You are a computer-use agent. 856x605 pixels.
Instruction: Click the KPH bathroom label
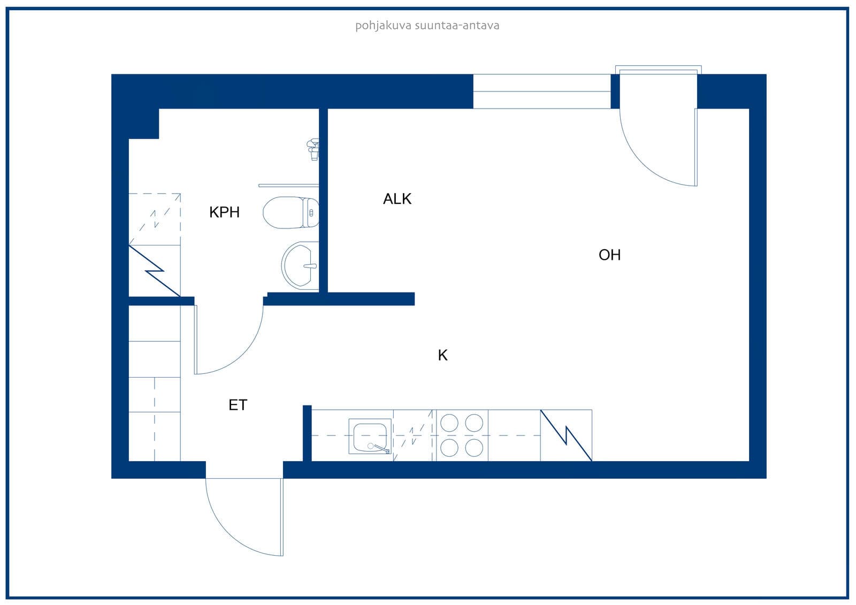coord(224,212)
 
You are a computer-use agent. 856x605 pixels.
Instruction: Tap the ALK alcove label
coord(397,199)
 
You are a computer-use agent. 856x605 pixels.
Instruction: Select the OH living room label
coord(609,255)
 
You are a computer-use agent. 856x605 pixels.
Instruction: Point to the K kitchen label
coord(442,355)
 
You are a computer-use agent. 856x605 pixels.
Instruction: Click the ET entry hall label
coord(238,405)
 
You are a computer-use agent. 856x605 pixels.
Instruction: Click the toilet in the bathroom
coord(291,212)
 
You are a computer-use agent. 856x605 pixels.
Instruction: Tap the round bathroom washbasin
coord(300,265)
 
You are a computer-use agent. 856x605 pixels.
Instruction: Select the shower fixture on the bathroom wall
coord(314,149)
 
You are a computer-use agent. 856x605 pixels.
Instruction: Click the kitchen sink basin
coord(370,437)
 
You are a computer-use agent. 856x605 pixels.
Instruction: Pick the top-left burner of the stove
coord(449,423)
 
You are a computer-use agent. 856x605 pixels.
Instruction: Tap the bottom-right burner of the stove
coord(474,448)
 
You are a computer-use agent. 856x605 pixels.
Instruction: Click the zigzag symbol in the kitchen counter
coord(566,435)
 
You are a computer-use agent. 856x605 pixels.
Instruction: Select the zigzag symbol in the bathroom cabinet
coord(155,271)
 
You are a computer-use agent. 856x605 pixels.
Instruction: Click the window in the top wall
coord(542,91)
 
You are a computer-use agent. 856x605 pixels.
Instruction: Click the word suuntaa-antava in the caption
coord(457,26)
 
